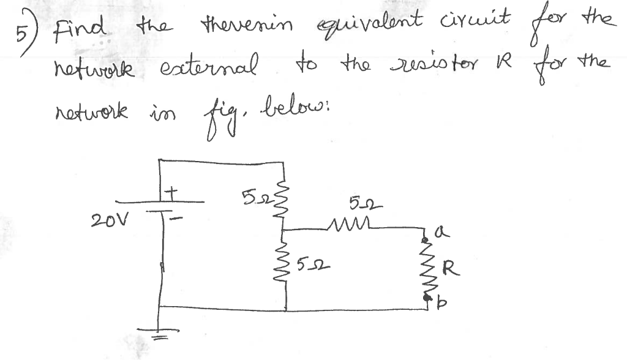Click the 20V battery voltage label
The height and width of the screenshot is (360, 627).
point(107,219)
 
